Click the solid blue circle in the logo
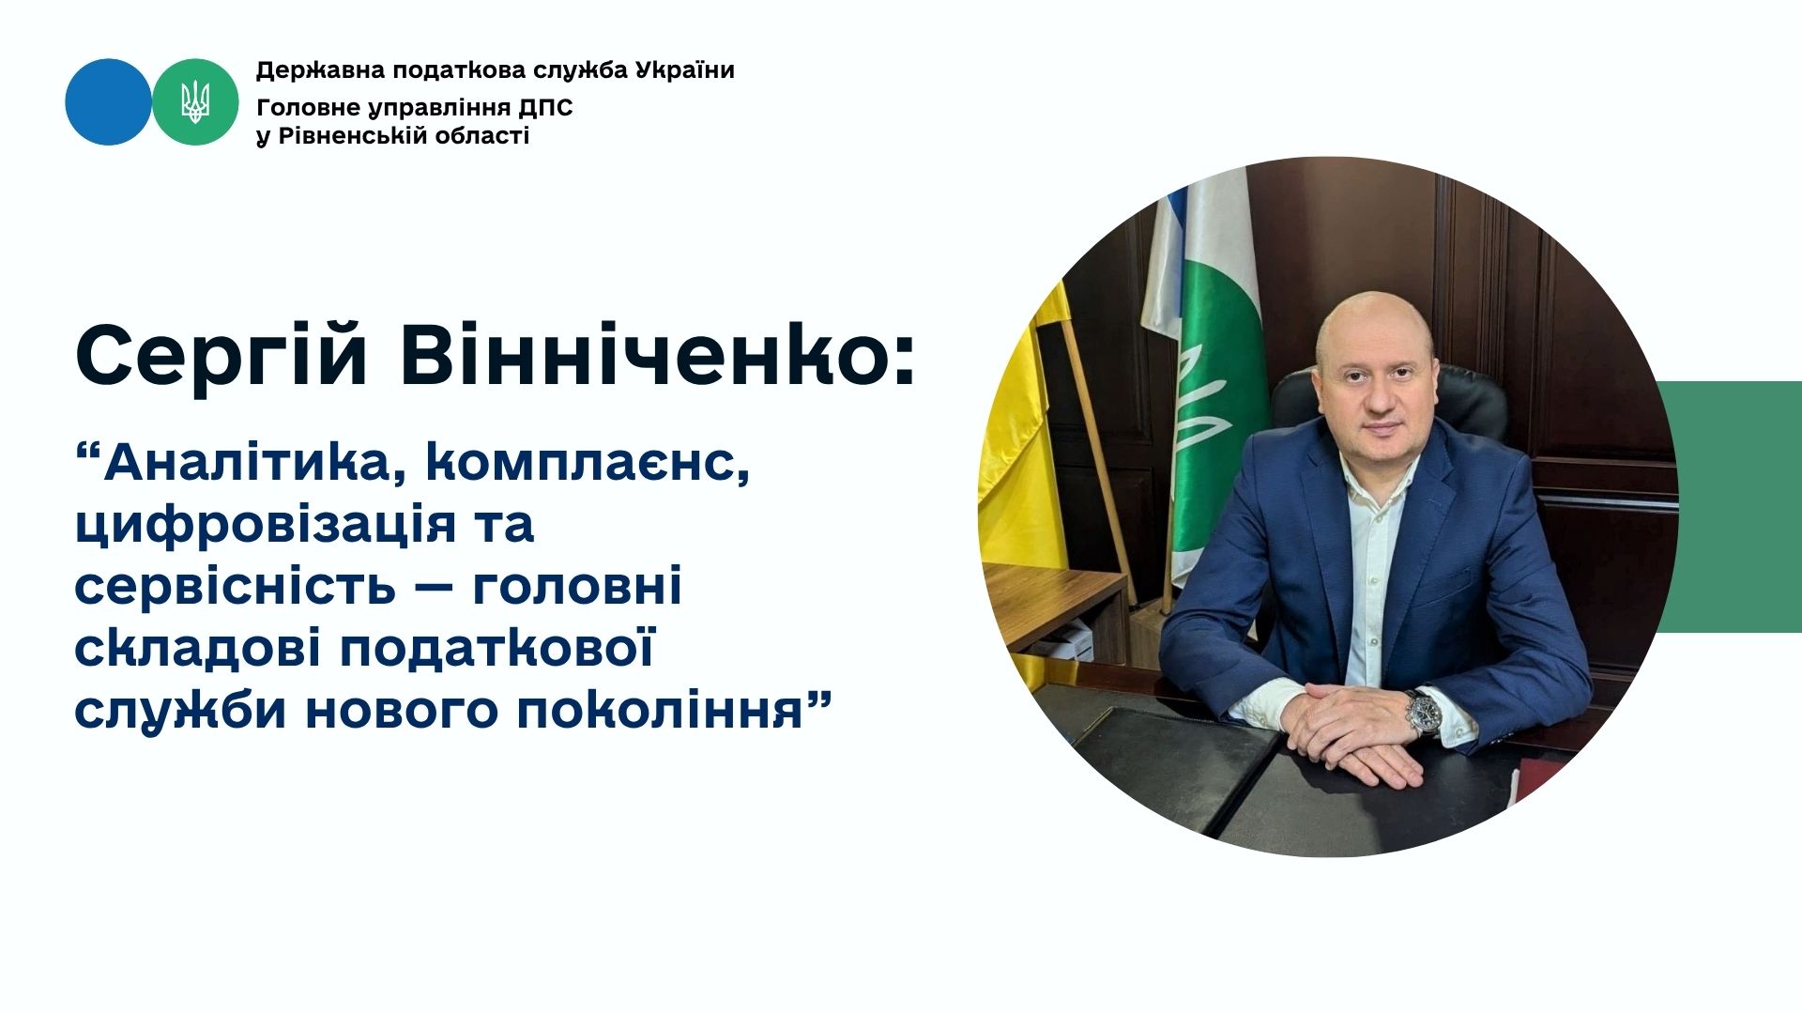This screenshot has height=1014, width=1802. [x=108, y=101]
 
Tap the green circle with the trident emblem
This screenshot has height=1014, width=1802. [x=195, y=101]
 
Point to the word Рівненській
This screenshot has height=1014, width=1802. [x=353, y=136]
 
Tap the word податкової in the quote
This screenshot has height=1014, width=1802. [x=496, y=649]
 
